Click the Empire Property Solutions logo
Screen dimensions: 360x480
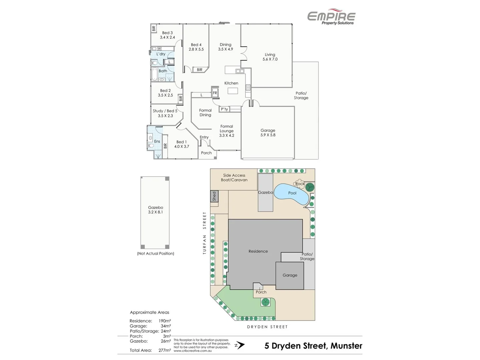[x=331, y=17]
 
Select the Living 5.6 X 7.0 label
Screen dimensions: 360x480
[x=270, y=57]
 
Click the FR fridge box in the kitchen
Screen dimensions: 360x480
[x=215, y=93]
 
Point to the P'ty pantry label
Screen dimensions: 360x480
[x=224, y=109]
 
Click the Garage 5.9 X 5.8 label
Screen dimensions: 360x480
[x=268, y=133]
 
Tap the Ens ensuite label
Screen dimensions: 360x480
[x=157, y=141]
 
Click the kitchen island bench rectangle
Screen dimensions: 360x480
[x=233, y=91]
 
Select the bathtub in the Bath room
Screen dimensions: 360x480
[x=154, y=74]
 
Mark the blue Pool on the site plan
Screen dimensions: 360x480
[x=292, y=193]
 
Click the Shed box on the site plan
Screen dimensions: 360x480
[x=214, y=196]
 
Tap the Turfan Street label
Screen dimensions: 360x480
[x=205, y=233]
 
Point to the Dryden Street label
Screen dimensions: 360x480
[x=267, y=327]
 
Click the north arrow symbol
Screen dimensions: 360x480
[x=240, y=345]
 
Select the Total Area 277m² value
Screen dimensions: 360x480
[x=165, y=350]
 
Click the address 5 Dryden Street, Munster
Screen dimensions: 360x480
[x=313, y=346]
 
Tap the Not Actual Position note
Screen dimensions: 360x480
[x=156, y=253]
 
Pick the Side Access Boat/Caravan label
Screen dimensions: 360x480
[x=234, y=178]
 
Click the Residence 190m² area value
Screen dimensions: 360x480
[x=165, y=321]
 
